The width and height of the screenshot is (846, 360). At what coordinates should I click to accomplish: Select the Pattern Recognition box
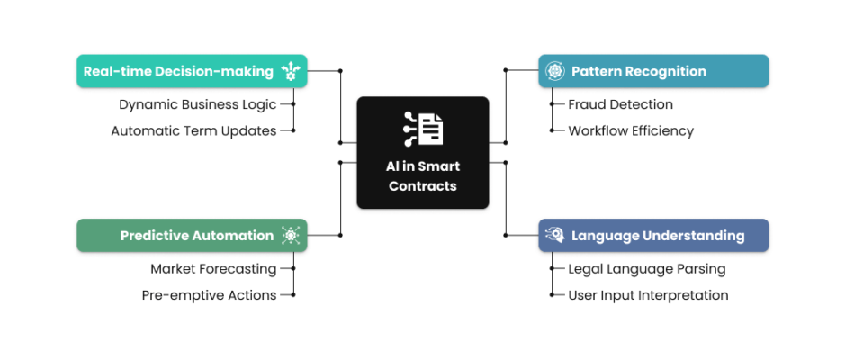652,71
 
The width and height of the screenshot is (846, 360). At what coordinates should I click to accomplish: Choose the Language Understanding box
652,236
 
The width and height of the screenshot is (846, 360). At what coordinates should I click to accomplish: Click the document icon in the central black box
423,129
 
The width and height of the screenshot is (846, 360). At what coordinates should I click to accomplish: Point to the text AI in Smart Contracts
423,175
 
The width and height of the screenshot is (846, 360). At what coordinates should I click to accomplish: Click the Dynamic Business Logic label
198,104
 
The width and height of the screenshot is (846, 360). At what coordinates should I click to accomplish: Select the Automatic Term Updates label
193,130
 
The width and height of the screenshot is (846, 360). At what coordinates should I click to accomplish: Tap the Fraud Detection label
620,104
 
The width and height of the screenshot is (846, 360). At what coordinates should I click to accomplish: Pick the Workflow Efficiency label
631,130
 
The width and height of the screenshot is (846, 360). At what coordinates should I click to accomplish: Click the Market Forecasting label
213,268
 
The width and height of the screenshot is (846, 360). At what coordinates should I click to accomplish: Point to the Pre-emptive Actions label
209,294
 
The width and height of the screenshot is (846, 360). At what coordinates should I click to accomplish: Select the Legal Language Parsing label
646,268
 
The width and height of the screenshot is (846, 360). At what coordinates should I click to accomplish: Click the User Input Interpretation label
648,294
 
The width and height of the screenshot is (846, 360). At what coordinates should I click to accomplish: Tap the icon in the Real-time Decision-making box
290,71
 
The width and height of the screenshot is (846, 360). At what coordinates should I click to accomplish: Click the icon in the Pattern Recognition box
555,71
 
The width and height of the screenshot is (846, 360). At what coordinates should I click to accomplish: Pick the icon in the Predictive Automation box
290,236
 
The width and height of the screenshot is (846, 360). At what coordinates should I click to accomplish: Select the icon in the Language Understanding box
555,236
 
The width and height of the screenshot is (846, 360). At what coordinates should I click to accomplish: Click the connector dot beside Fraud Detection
552,104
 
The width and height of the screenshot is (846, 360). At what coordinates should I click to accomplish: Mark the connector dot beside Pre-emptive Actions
293,294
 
